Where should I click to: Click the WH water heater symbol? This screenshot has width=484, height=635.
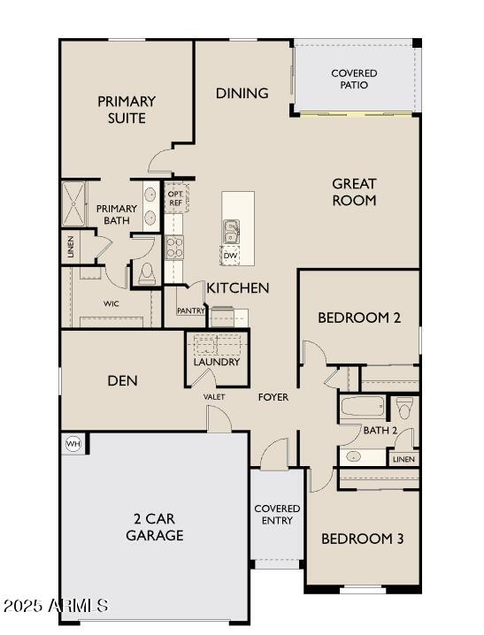tap(73, 443)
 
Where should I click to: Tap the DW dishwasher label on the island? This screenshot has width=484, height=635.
tap(231, 255)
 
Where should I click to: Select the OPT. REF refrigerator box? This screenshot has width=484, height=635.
tap(175, 198)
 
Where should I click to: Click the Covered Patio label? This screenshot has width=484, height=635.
tap(354, 79)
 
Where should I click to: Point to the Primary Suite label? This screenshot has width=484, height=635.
tap(127, 110)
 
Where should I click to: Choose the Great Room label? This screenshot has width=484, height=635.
tap(354, 192)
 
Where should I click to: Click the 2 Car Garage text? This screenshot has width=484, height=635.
tap(155, 527)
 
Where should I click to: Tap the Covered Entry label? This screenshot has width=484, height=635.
tap(277, 515)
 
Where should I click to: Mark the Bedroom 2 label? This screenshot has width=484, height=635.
tap(358, 317)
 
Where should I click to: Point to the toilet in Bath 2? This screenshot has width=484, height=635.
tap(404, 409)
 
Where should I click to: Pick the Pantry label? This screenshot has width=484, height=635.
tap(191, 310)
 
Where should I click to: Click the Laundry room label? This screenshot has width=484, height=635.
tap(216, 362)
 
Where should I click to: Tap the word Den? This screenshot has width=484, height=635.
tap(122, 381)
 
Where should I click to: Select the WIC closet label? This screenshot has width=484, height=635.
tap(111, 303)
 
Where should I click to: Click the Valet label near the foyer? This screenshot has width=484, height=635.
tap(214, 397)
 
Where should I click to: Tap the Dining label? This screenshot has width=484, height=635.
tap(242, 93)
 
